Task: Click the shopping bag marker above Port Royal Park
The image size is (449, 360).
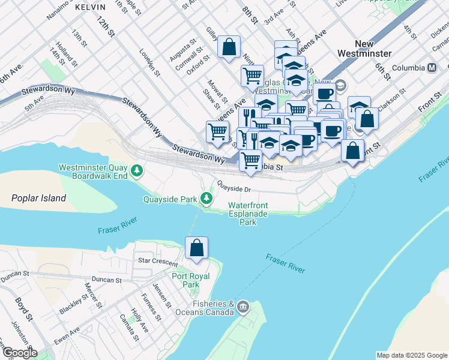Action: (x=196, y=248)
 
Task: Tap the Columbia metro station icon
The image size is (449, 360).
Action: (x=432, y=68)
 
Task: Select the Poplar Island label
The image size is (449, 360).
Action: (x=39, y=198)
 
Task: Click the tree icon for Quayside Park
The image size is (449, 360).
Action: (x=207, y=198)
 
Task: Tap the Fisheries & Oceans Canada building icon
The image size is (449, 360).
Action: (x=243, y=308)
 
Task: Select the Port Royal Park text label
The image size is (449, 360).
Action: (x=185, y=280)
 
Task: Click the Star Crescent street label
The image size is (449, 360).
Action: (x=158, y=263)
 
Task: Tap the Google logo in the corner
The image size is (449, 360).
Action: (x=19, y=353)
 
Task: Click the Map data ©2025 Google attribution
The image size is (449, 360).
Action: (x=411, y=355)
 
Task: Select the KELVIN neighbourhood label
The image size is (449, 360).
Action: (x=90, y=7)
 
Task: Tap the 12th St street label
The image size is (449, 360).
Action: (x=104, y=25)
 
